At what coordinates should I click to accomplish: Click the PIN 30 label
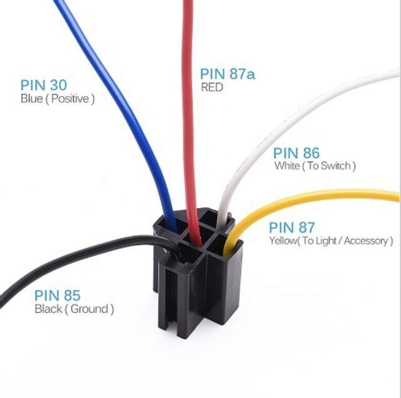[43, 85]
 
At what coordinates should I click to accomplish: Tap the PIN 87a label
[227, 74]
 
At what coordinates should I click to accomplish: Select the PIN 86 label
[296, 153]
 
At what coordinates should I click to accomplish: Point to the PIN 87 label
[292, 227]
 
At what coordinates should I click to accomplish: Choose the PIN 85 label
[57, 295]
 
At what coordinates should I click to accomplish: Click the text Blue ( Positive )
[58, 99]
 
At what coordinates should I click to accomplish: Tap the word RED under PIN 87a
[212, 87]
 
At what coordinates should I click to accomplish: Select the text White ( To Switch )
[315, 165]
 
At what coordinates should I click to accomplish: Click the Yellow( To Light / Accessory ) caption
[331, 241]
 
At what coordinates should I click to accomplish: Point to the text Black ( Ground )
[74, 309]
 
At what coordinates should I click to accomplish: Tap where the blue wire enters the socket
[171, 225]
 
